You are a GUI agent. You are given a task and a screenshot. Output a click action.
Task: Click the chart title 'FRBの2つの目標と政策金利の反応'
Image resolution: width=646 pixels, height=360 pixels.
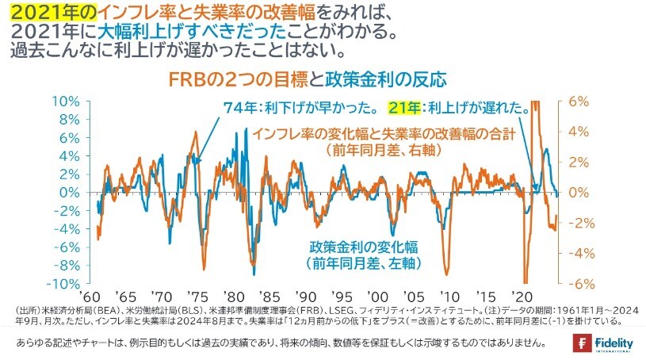(308, 79)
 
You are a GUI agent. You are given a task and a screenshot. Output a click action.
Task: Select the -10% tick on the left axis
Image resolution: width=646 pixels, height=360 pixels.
(66, 284)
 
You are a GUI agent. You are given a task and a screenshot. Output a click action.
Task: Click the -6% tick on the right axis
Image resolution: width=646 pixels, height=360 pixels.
(577, 284)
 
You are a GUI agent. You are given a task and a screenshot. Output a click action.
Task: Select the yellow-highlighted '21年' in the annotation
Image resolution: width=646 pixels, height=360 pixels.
(403, 108)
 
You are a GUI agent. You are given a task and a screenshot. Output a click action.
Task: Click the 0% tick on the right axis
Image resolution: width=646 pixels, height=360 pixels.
(579, 193)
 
